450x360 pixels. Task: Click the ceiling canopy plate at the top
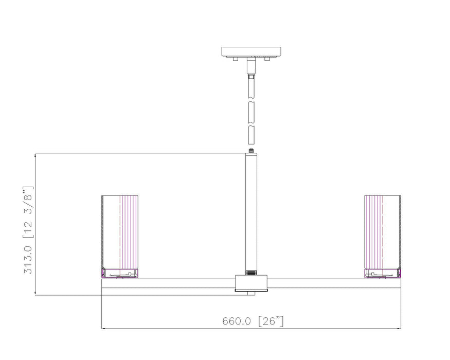coord(252,51)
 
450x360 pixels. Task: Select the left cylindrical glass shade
coord(120,231)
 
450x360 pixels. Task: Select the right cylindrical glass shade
coord(383,231)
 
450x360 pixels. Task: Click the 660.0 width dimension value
coord(236,321)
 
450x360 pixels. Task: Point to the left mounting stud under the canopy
coord(235,59)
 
